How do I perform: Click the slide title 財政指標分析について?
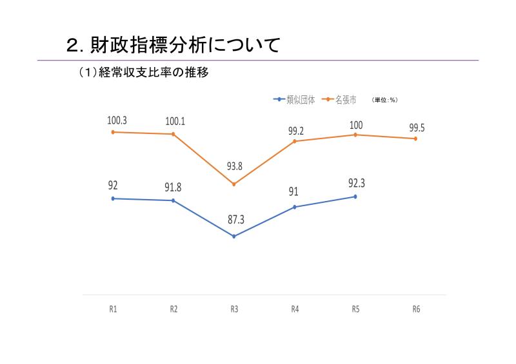point(174,45)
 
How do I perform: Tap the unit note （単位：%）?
point(384,100)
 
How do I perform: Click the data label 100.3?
point(117,120)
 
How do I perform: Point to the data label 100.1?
point(175,120)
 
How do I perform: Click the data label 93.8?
point(234,166)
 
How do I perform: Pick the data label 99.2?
point(296,131)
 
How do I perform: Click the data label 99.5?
point(417,128)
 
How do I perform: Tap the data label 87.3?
point(236,220)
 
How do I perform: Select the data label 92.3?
point(356,183)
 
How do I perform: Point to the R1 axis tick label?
point(113,309)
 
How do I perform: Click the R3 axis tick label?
point(234,309)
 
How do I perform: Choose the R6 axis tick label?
point(416,309)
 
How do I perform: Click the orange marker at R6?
point(416,139)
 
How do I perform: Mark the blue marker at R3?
point(234,236)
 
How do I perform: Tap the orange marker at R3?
point(234,184)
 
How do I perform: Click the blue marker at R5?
point(355,196)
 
